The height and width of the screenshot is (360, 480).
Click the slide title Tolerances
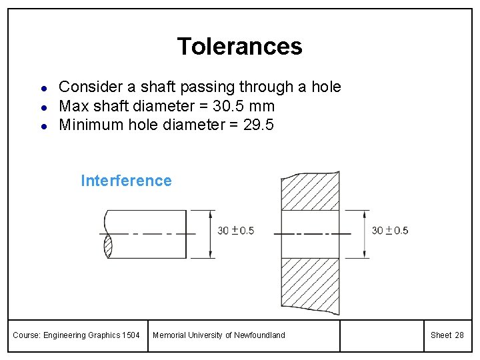pyautogui.click(x=239, y=47)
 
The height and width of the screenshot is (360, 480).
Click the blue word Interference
pyautogui.click(x=126, y=181)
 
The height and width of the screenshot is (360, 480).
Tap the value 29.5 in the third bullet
pyautogui.click(x=259, y=125)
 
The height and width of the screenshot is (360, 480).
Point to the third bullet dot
pyautogui.click(x=43, y=125)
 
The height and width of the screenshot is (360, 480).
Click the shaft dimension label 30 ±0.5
pyautogui.click(x=236, y=231)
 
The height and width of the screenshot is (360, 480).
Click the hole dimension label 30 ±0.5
pyautogui.click(x=390, y=231)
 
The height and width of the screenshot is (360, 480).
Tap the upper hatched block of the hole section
pyautogui.click(x=310, y=191)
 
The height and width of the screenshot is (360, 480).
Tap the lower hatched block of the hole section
pyautogui.click(x=310, y=285)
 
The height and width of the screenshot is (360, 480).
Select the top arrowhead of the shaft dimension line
pyautogui.click(x=211, y=215)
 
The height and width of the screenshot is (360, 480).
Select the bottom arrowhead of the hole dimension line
pyautogui.click(x=365, y=253)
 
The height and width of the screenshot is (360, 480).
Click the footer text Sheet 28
pyautogui.click(x=447, y=335)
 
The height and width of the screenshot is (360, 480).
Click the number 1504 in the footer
pyautogui.click(x=131, y=335)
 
